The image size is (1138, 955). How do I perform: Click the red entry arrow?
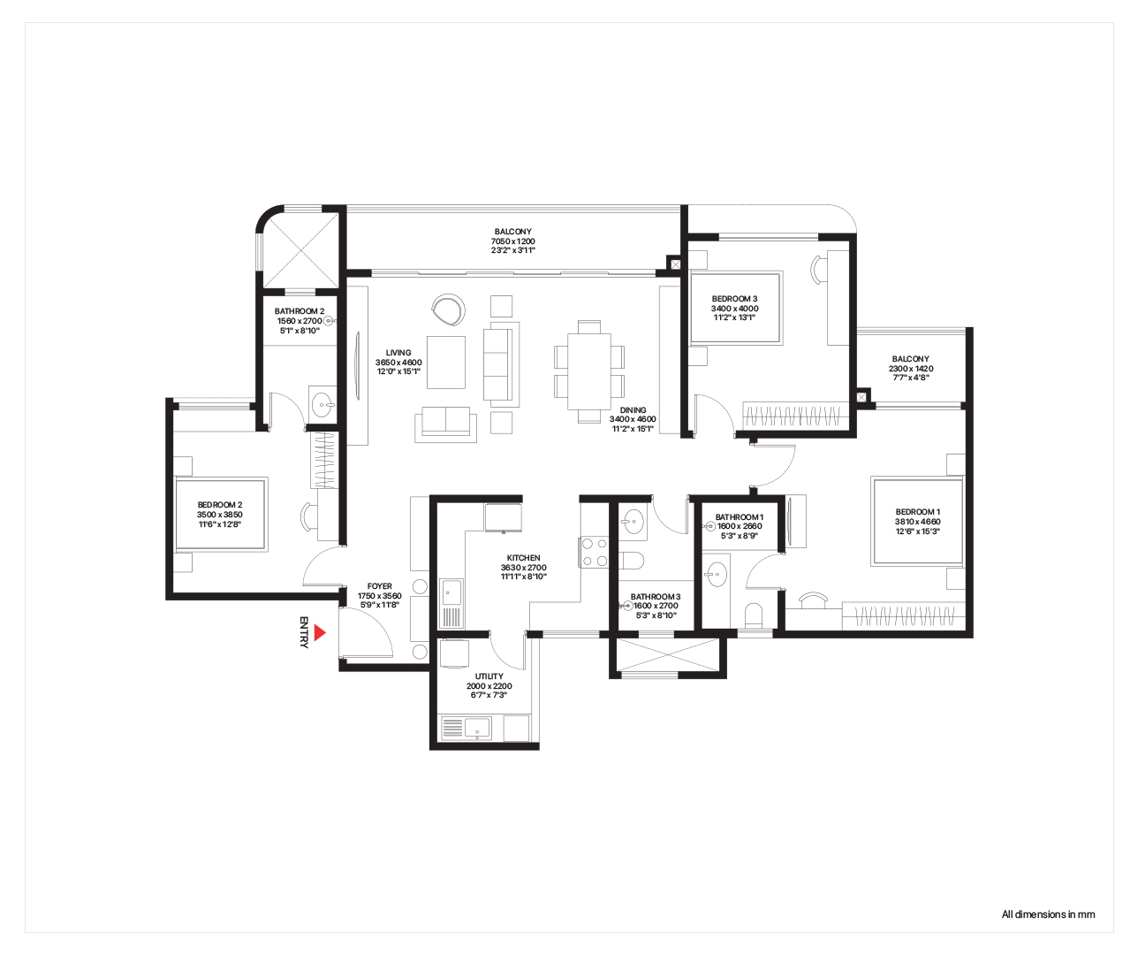point(319,632)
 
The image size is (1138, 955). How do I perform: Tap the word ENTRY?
point(304,632)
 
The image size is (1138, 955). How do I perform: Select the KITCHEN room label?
point(523,558)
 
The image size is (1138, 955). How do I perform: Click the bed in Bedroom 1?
point(917,522)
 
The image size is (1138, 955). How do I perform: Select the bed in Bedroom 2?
point(220,515)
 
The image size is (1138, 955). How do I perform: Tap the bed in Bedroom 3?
point(736,308)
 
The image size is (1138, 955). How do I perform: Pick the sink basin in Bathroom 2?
point(322,405)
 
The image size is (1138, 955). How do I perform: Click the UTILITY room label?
point(489,676)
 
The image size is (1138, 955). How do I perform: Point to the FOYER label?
point(379,586)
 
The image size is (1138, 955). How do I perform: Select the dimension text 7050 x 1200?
point(512,241)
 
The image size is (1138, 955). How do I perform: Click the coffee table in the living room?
point(446,363)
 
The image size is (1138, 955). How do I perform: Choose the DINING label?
point(633,410)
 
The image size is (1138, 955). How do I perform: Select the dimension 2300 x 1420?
point(911,368)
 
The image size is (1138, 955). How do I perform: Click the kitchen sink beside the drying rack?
point(451,592)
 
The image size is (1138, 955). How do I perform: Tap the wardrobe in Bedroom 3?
point(796,416)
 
